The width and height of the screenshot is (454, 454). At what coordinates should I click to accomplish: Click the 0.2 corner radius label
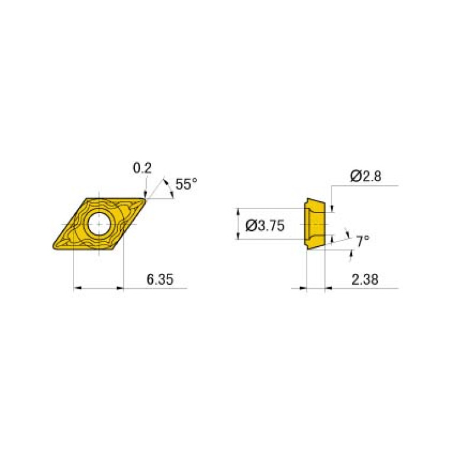point(141,169)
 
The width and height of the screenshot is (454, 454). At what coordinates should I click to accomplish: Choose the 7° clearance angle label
point(362,240)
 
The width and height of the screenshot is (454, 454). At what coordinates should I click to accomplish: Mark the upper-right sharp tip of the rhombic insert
point(146,199)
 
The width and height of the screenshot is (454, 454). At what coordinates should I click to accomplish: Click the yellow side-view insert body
point(314,224)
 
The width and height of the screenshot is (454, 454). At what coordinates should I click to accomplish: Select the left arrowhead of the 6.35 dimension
point(77,289)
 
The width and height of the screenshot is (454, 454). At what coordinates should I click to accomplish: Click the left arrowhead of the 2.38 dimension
point(304,289)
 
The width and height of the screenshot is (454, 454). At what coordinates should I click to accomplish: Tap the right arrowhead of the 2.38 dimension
point(329,289)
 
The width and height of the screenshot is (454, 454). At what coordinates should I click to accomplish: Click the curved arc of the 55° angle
point(169,188)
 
